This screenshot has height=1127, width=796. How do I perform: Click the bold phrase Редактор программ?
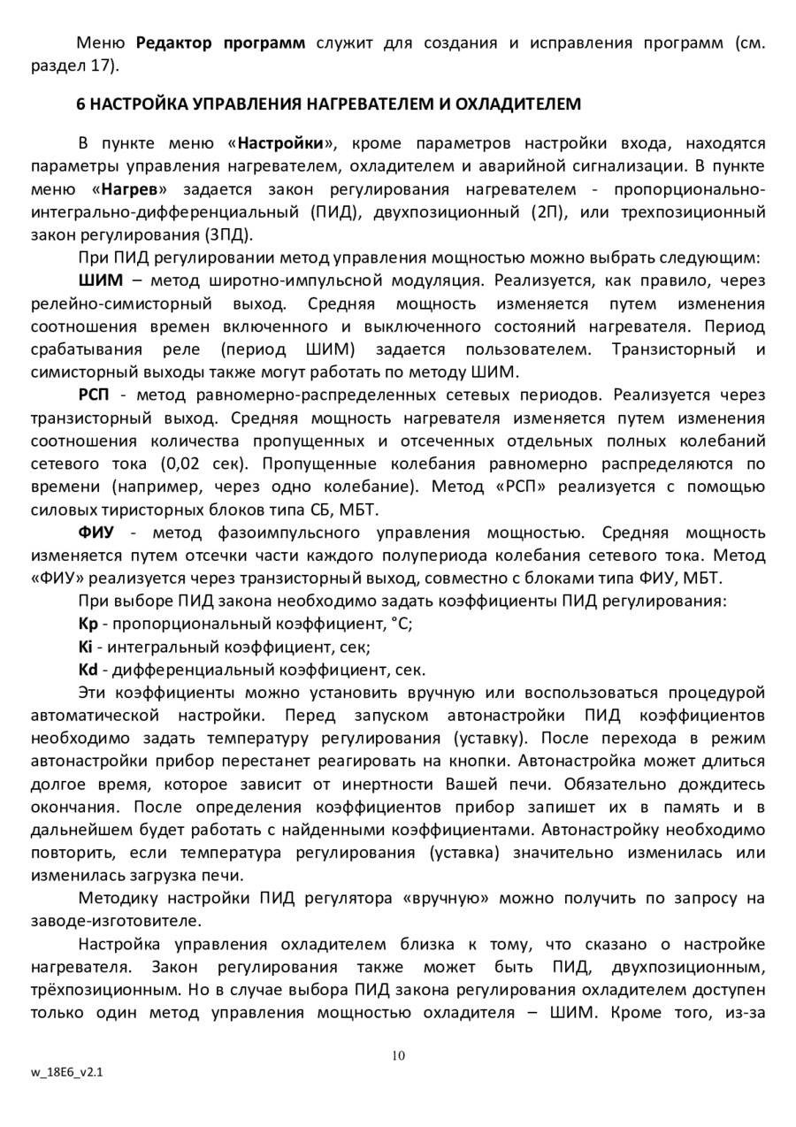coord(221,42)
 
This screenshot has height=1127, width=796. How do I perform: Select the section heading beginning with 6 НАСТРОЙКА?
coord(329,104)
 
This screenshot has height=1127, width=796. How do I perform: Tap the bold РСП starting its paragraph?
coord(96,395)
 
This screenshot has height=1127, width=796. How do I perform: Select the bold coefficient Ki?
coord(86,647)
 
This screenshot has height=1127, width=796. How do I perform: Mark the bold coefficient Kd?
coord(88,670)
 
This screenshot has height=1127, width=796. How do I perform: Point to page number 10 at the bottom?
coord(398,1054)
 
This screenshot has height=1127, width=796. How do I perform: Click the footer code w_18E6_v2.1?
coord(66,1071)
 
